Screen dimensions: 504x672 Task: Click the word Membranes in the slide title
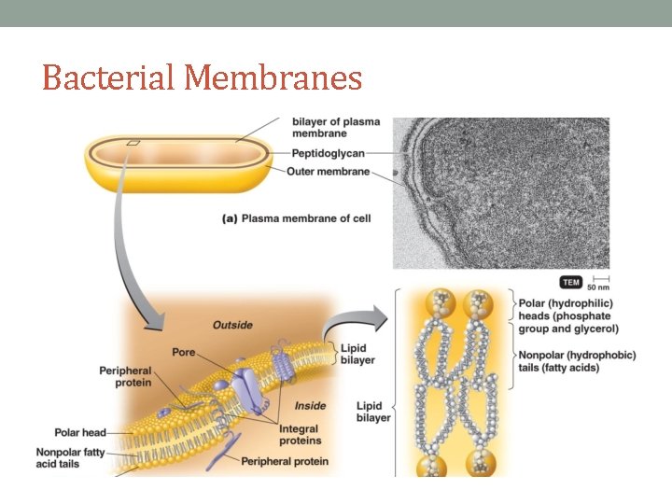pyautogui.click(x=273, y=77)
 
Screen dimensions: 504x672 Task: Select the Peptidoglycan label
pyautogui.click(x=328, y=153)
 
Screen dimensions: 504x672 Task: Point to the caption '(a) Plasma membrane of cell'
pyautogui.click(x=297, y=218)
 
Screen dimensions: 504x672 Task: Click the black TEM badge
pyautogui.click(x=570, y=281)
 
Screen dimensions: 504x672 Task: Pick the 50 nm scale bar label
pyautogui.click(x=598, y=287)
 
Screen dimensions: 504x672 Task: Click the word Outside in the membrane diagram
pyautogui.click(x=232, y=325)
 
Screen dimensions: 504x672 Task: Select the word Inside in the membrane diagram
pyautogui.click(x=310, y=406)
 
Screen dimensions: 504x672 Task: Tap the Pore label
pyautogui.click(x=184, y=352)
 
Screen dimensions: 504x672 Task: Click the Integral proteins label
pyautogui.click(x=300, y=434)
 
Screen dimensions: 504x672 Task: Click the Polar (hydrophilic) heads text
pyautogui.click(x=567, y=315)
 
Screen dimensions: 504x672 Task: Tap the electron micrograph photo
pyautogui.click(x=501, y=192)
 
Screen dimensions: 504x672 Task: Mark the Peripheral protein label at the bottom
pyautogui.click(x=286, y=461)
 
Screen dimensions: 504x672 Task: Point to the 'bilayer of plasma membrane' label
pyautogui.click(x=336, y=127)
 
